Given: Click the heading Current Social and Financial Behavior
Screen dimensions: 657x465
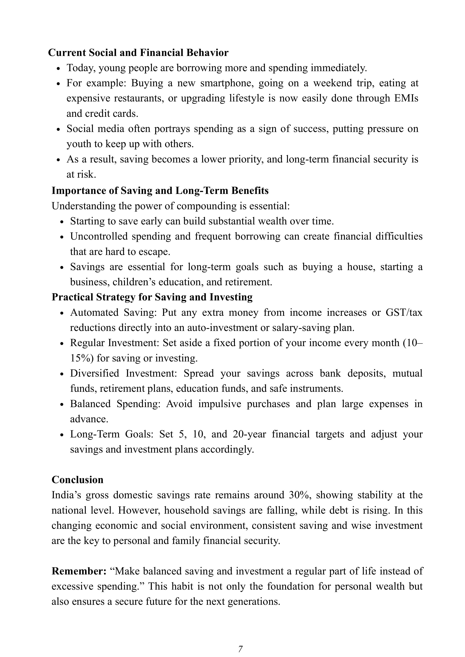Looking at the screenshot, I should (x=138, y=53).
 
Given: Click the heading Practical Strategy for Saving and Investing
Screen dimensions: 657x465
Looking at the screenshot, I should (x=152, y=297).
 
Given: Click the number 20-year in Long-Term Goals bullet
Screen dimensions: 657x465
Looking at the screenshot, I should (x=249, y=434).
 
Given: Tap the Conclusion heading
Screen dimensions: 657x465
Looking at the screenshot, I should (x=77, y=480).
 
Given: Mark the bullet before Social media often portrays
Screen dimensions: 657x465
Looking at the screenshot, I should (x=58, y=129).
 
